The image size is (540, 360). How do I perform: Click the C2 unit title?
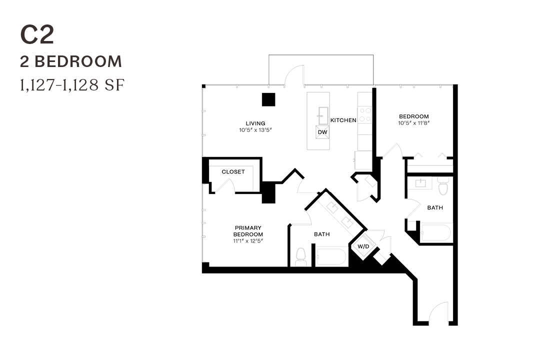click(37, 35)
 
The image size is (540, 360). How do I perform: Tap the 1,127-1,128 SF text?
click(71, 85)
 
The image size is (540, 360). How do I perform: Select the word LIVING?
click(255, 123)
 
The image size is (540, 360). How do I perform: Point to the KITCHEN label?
click(343, 120)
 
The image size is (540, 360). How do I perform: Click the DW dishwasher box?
click(323, 132)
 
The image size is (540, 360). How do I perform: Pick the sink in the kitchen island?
click(323, 114)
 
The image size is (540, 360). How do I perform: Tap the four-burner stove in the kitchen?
click(364, 115)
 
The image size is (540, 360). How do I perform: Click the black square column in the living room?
click(268, 99)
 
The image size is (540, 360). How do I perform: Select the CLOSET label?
click(233, 172)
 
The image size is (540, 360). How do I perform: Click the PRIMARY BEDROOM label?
click(248, 231)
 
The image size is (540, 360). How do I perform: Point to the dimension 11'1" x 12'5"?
click(248, 240)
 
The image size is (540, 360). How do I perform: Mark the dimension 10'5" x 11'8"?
click(413, 123)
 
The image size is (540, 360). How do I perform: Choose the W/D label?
click(363, 246)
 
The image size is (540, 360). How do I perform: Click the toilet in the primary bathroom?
click(300, 256)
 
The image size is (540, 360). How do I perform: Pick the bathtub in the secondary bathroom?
click(436, 233)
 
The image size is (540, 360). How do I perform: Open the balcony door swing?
click(294, 76)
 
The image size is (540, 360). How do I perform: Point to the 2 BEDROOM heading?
click(71, 61)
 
